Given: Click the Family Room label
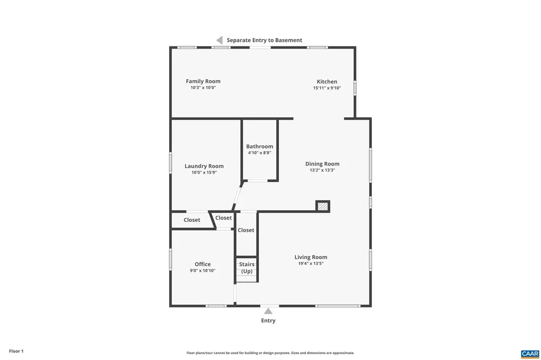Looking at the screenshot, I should pos(203,81).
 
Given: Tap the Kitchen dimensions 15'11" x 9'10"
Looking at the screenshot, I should pos(327,88).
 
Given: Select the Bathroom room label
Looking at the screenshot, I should pos(259,146).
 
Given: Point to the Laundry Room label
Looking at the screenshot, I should pos(204,166).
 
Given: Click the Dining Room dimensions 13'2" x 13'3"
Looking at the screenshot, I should pos(322,170).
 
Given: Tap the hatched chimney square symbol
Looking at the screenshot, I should pos(322,206).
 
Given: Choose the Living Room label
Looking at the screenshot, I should pos(311,257).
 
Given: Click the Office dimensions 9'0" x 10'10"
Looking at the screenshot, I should pos(202,270).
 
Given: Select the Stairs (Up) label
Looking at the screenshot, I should pos(247,268).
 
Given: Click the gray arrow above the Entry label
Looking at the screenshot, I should pos(268,311).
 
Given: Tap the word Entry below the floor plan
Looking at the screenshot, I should pos(268,320).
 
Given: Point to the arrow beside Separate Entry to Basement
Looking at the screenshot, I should pos(219,40).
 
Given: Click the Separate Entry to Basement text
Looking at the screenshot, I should pos(264,40).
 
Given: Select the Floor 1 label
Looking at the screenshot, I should pos(16,351).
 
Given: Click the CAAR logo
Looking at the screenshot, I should pos(529,353).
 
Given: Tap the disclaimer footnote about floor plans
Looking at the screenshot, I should pos(270,353).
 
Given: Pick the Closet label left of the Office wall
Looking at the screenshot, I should pos(192,220).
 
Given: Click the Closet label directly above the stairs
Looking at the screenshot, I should pos(246,230).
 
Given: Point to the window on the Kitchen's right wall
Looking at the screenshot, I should pos(355,87).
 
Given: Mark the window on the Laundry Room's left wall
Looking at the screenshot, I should pos(170,162).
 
